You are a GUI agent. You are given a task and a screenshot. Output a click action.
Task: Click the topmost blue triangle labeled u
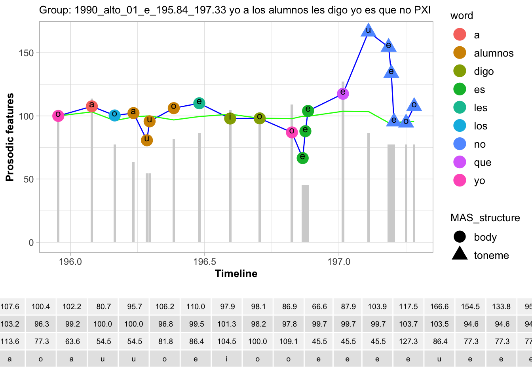tap(369, 30)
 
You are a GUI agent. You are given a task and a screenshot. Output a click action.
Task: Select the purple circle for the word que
tap(343, 93)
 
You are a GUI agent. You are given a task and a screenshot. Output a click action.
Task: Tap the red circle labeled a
tap(92, 106)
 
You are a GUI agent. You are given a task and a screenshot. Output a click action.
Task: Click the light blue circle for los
tap(114, 115)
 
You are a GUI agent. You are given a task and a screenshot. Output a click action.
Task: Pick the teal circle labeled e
tap(199, 103)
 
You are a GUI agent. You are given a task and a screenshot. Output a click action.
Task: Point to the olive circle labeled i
tap(230, 118)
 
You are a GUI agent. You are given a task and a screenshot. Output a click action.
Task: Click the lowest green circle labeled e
tap(302, 158)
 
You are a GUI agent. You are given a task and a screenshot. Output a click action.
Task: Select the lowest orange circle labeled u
tap(147, 140)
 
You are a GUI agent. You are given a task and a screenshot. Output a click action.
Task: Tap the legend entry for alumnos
tap(493, 53)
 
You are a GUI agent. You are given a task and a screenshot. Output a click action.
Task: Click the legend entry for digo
tap(484, 71)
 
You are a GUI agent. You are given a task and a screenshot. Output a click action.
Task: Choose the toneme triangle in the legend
tap(460, 254)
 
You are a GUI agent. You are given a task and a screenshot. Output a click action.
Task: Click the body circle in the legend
tap(460, 237)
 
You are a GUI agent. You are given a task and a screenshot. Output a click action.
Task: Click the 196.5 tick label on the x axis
tap(204, 262)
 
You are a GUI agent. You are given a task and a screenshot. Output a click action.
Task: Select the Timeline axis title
tap(236, 274)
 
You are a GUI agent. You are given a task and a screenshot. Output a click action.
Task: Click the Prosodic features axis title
tap(10, 137)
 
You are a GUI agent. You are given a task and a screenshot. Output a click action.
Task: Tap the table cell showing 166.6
tap(439, 307)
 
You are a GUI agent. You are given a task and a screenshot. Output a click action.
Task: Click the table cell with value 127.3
tap(408, 341)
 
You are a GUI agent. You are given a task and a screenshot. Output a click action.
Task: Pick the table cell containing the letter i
tap(227, 359)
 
